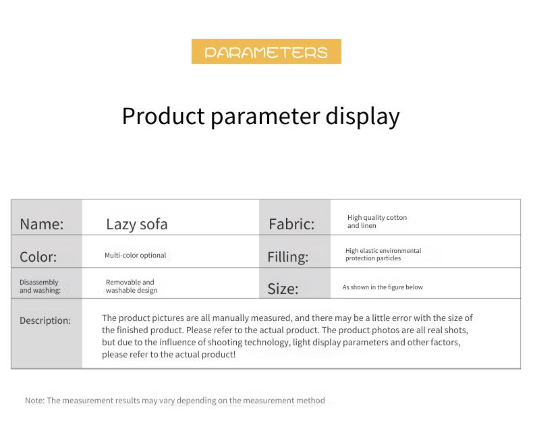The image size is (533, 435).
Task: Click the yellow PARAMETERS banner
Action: coord(266,52)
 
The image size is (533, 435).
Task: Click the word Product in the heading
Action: coord(163,116)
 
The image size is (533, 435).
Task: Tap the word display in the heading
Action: coord(362,117)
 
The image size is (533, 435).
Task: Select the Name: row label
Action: coord(41,224)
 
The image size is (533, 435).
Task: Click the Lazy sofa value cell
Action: coord(137,225)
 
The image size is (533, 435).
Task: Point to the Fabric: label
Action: coord(291,224)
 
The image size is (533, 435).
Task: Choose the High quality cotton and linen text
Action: coord(377,222)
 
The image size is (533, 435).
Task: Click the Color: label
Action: coord(38,257)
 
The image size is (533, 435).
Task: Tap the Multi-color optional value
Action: coord(136,255)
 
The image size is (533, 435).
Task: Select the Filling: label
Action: coord(288,257)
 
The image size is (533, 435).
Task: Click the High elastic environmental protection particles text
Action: coord(383,254)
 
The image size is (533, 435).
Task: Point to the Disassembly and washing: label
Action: coord(40,286)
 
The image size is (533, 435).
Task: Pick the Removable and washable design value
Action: coord(132,286)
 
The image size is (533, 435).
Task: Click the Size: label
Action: coord(283,289)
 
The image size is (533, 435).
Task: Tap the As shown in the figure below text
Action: coord(383,287)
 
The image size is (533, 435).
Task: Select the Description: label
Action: coord(45,320)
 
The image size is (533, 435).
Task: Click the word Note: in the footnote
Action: coord(34,401)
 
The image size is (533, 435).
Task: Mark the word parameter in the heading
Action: coord(265,117)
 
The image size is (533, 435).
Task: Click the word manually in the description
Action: coord(230,318)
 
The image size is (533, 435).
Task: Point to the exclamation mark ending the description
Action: coord(233,355)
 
